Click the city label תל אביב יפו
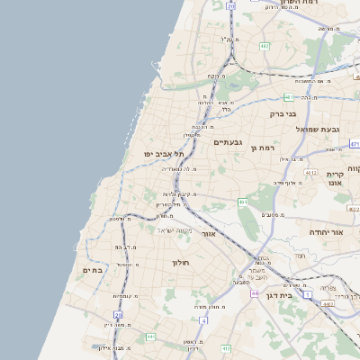162,154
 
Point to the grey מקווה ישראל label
175,229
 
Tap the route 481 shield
288,96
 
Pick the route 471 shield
355,143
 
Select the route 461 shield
243,202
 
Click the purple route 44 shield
256,293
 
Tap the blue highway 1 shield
308,294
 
